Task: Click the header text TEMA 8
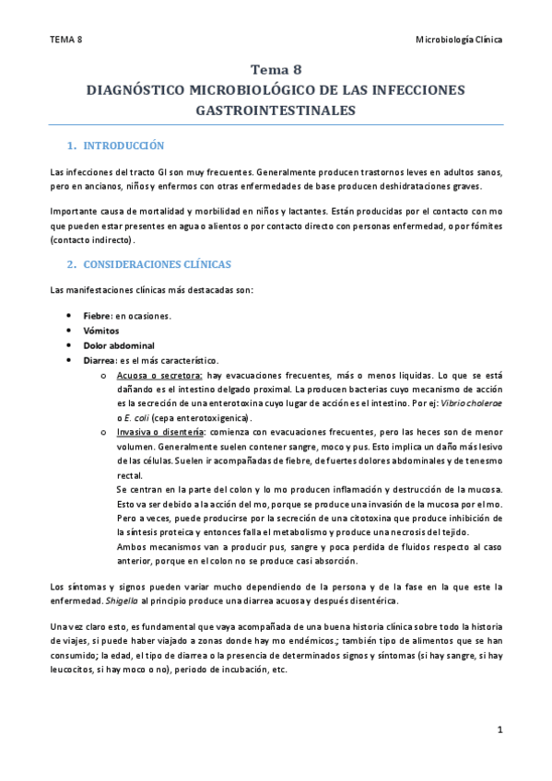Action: pyautogui.click(x=65, y=41)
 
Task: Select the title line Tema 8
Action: pyautogui.click(x=276, y=70)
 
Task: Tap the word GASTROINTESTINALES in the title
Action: pyautogui.click(x=276, y=110)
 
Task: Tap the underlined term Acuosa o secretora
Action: pyautogui.click(x=160, y=375)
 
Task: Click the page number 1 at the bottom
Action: pyautogui.click(x=499, y=731)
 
